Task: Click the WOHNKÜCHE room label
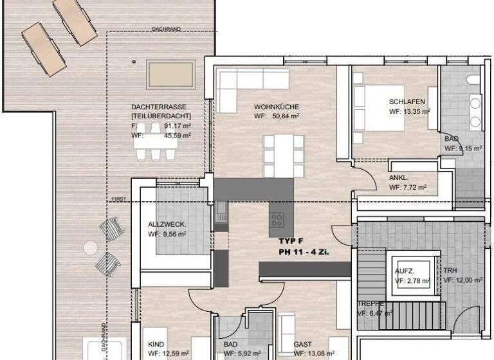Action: click(x=277, y=107)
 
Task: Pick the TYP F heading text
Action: click(x=291, y=241)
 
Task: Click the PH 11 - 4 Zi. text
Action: click(x=304, y=252)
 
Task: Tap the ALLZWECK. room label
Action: click(x=167, y=224)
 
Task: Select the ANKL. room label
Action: click(x=399, y=178)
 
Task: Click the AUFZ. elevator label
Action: click(x=404, y=271)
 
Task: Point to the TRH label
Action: click(x=450, y=271)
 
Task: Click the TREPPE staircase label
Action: click(x=370, y=303)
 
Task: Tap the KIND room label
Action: click(x=156, y=345)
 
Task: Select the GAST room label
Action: click(x=302, y=345)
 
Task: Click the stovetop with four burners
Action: click(x=277, y=220)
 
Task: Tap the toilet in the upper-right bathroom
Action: click(x=471, y=80)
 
